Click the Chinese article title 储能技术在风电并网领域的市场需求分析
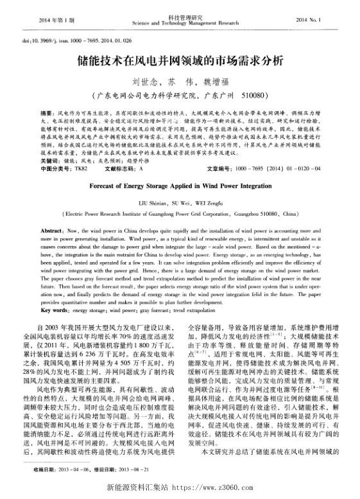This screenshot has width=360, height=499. click(x=179, y=62)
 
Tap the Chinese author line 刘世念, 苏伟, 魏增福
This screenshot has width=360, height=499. click(x=179, y=83)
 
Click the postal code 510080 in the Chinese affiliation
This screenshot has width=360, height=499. click(x=250, y=96)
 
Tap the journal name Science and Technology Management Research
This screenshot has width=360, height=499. click(x=179, y=23)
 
